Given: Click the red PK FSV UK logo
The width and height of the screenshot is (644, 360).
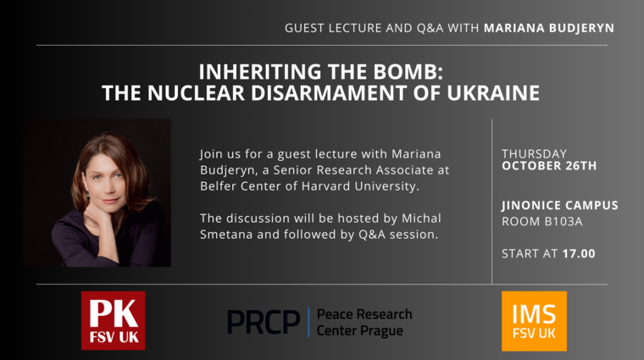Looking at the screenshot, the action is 113,320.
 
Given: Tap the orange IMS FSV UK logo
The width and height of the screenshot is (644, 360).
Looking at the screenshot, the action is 534,321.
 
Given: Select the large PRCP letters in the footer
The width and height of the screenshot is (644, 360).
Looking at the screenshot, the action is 264,322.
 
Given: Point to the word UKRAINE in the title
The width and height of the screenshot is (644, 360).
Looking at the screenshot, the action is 493,93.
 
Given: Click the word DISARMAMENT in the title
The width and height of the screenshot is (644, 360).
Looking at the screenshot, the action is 329,93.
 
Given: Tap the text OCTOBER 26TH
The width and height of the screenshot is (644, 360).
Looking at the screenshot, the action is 549,166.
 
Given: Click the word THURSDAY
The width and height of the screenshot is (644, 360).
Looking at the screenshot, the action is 534,153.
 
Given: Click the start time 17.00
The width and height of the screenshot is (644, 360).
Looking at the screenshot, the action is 579,253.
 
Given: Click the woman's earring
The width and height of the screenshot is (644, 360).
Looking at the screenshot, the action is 88,195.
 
